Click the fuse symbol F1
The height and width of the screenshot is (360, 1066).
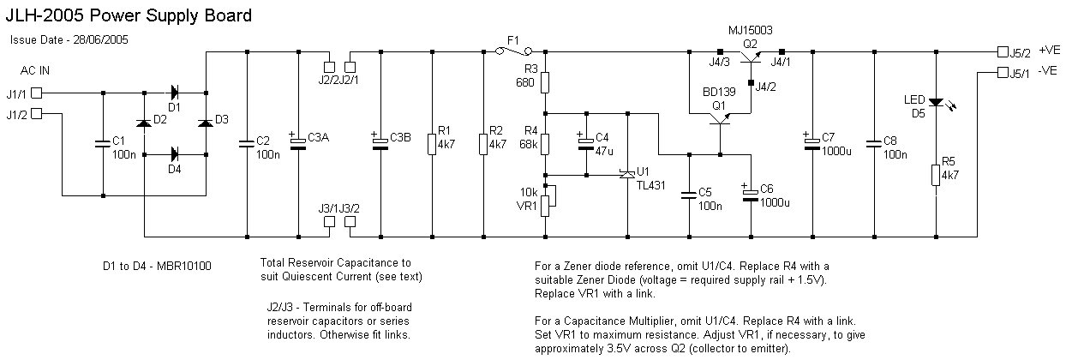[513, 51]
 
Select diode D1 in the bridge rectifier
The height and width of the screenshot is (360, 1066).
[174, 93]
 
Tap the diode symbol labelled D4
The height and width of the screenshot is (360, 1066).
[174, 154]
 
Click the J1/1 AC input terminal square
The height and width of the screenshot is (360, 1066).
[36, 93]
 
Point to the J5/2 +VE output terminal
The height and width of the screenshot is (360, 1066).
[1003, 51]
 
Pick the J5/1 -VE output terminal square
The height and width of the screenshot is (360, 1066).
[1003, 72]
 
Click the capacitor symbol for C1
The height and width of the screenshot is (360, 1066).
[103, 144]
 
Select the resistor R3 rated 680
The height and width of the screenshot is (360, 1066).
[545, 82]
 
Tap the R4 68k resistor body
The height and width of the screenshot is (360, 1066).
[545, 144]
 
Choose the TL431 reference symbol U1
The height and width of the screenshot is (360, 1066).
[627, 175]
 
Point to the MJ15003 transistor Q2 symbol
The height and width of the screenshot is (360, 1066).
[751, 58]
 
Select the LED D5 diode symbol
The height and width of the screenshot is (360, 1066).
[936, 102]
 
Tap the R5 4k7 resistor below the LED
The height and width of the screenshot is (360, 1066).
[936, 175]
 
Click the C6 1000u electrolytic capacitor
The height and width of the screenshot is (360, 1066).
[751, 195]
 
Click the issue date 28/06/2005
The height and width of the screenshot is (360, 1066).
[100, 40]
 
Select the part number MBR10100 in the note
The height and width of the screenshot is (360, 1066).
[183, 266]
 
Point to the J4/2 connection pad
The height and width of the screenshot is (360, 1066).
[751, 83]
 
